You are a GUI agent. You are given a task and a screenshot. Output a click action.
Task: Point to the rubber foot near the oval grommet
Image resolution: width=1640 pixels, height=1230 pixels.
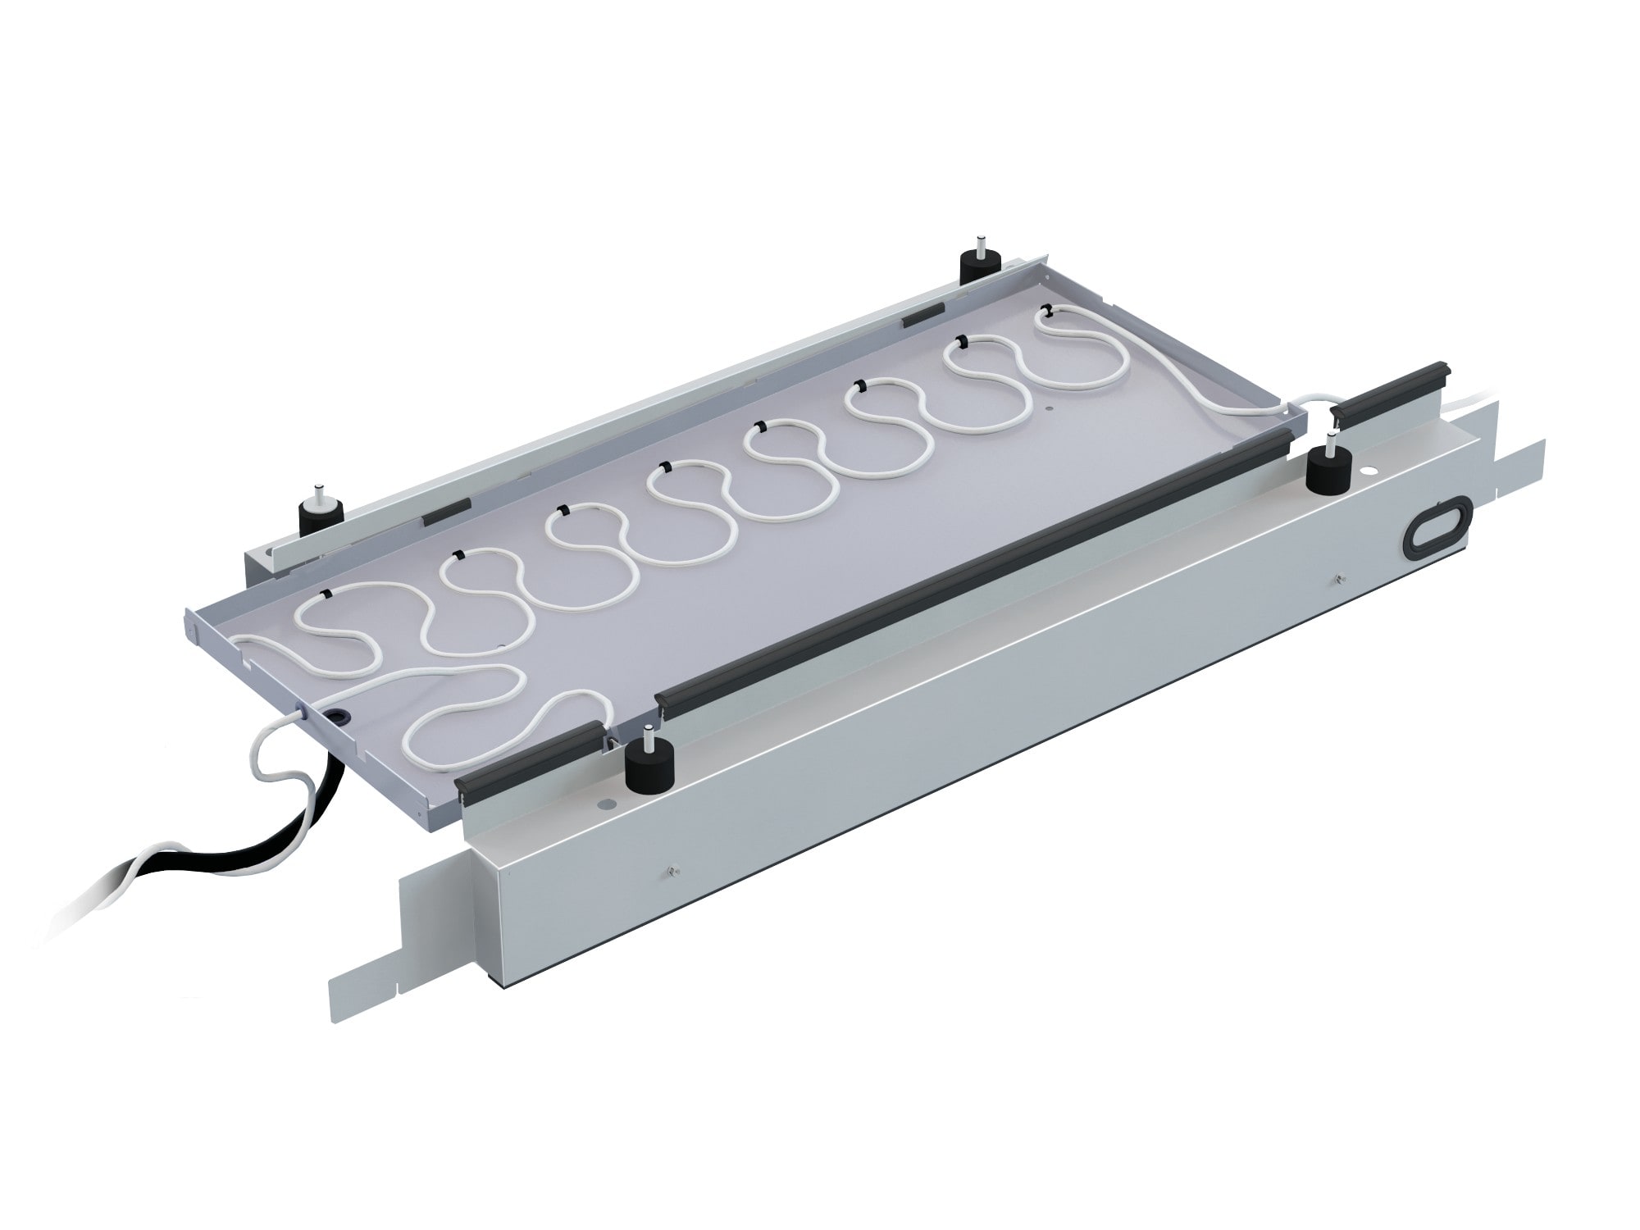[x=1329, y=468]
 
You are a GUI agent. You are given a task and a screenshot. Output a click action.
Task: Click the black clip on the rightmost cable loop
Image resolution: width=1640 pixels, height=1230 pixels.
[x=1048, y=310]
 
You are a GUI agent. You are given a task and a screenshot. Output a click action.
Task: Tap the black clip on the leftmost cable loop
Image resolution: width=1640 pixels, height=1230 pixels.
[x=328, y=593]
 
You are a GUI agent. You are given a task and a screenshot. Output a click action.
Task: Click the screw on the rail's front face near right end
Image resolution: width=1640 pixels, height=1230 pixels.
[x=1338, y=579]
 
